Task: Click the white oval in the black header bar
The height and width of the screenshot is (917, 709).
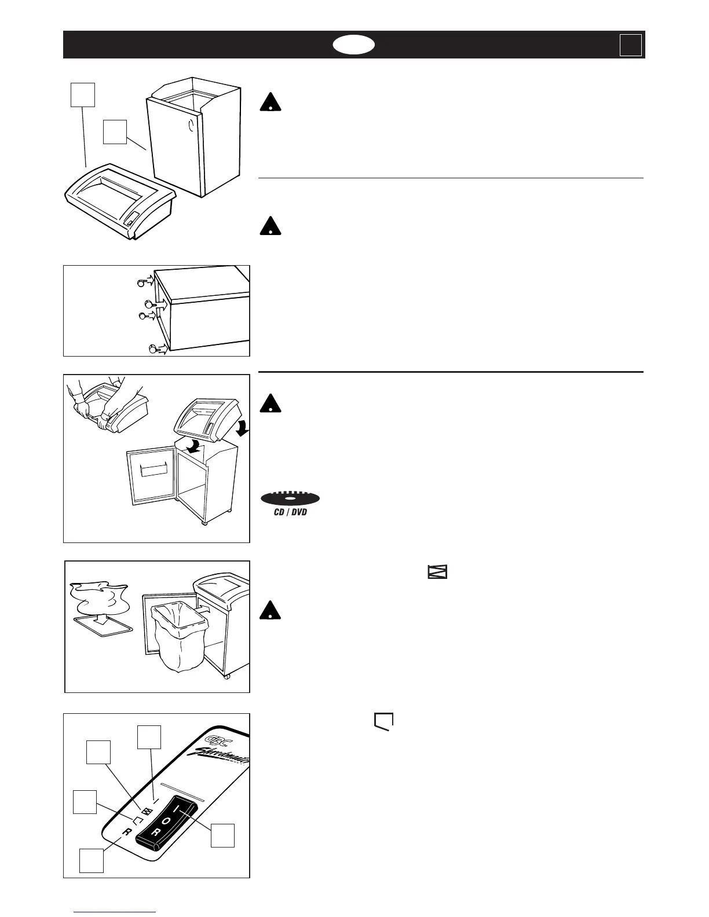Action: coord(354,45)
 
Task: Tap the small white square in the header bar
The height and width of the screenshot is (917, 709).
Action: coord(630,45)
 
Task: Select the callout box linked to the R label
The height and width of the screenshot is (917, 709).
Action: coord(92,860)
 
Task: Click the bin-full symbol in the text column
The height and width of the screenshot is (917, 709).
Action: coord(438,573)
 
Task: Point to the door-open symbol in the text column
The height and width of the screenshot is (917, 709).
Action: coord(383,721)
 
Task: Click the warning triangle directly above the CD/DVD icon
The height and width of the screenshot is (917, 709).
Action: coord(270,402)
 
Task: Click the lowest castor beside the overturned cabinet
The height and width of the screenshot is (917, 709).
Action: coord(154,349)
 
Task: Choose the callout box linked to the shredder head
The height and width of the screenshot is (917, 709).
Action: coord(82,95)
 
